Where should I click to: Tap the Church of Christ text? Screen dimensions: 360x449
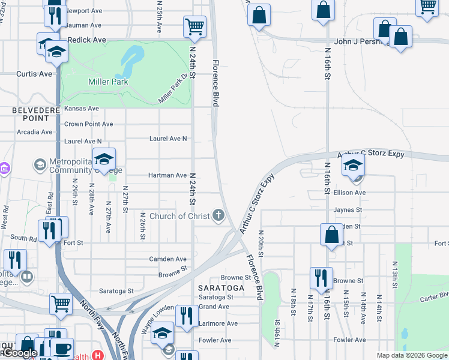179,216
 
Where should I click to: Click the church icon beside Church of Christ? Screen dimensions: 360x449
220,215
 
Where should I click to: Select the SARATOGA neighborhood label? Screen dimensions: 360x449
221,288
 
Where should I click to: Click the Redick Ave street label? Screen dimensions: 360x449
87,40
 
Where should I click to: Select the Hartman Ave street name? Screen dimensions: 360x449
167,175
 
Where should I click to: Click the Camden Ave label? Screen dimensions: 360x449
168,259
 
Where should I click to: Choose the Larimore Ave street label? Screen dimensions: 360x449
218,323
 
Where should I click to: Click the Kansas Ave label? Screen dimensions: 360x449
82,109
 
